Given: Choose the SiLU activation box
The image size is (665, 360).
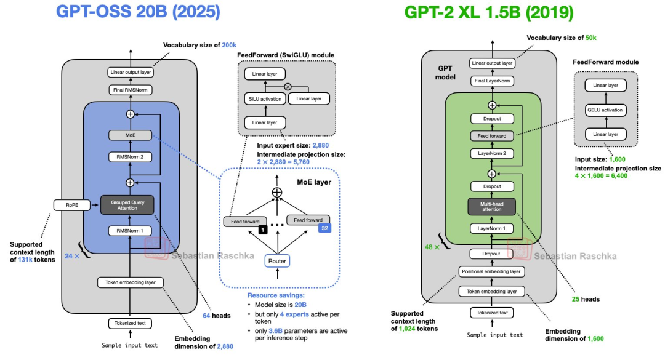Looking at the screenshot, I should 265,98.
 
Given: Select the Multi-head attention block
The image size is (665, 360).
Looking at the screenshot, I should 492,206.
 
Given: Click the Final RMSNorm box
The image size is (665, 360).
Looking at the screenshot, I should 130,90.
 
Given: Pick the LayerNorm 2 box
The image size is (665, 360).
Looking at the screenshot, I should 492,153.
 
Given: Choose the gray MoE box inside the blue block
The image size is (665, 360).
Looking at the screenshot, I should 130,134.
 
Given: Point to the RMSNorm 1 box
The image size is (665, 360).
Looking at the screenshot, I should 130,231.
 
